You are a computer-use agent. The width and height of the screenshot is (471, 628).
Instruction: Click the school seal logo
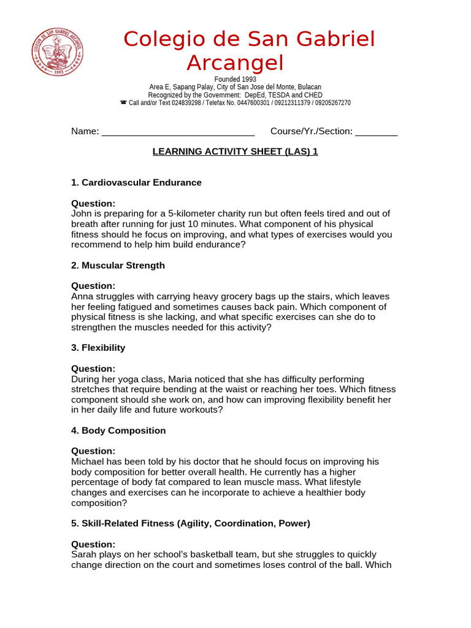58,52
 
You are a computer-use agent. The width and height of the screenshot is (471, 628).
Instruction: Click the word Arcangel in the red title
235,63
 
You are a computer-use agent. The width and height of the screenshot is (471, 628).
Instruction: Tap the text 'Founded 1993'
235,80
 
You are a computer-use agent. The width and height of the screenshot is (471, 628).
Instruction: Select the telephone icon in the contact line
123,103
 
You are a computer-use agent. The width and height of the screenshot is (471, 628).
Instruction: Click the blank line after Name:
178,132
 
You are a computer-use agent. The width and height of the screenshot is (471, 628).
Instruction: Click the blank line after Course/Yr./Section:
376,132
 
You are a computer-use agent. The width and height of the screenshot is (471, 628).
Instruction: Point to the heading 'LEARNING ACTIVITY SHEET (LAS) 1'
235,151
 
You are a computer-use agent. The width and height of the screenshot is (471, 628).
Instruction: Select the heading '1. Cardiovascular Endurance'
136,183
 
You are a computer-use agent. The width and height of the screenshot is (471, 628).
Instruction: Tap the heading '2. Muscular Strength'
118,266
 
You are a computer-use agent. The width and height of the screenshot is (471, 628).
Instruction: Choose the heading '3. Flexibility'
98,348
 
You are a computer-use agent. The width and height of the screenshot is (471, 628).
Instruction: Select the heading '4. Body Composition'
118,431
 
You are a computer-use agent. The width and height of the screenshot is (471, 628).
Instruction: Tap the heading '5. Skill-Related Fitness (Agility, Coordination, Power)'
191,523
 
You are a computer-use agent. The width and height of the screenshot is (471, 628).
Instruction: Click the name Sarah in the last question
83,554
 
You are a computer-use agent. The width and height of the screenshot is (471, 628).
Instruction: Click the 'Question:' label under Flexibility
93,369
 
